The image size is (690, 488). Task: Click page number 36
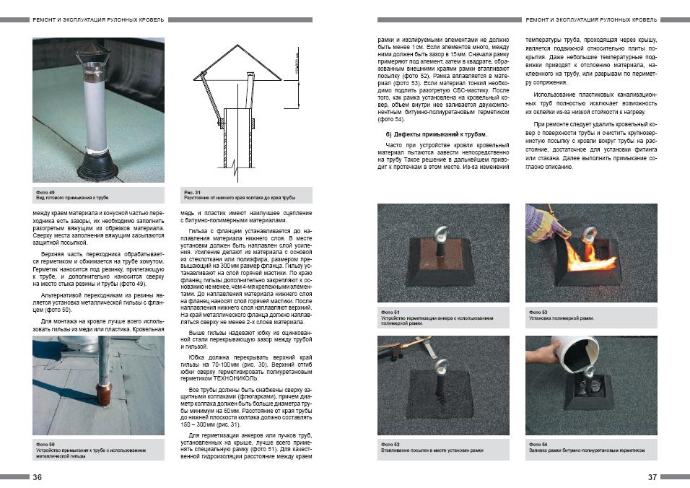pyautogui.click(x=37, y=477)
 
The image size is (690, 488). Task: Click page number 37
pyautogui.click(x=652, y=477)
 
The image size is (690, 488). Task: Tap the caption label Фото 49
pyautogui.click(x=45, y=192)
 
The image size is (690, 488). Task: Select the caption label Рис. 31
pyautogui.click(x=192, y=192)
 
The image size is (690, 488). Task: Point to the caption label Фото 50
pyautogui.click(x=45, y=445)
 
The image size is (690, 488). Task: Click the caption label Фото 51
pyautogui.click(x=390, y=312)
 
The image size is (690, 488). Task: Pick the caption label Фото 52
pyautogui.click(x=390, y=444)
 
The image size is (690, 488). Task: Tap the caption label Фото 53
pyautogui.click(x=538, y=312)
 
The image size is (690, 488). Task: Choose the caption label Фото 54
pyautogui.click(x=538, y=444)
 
